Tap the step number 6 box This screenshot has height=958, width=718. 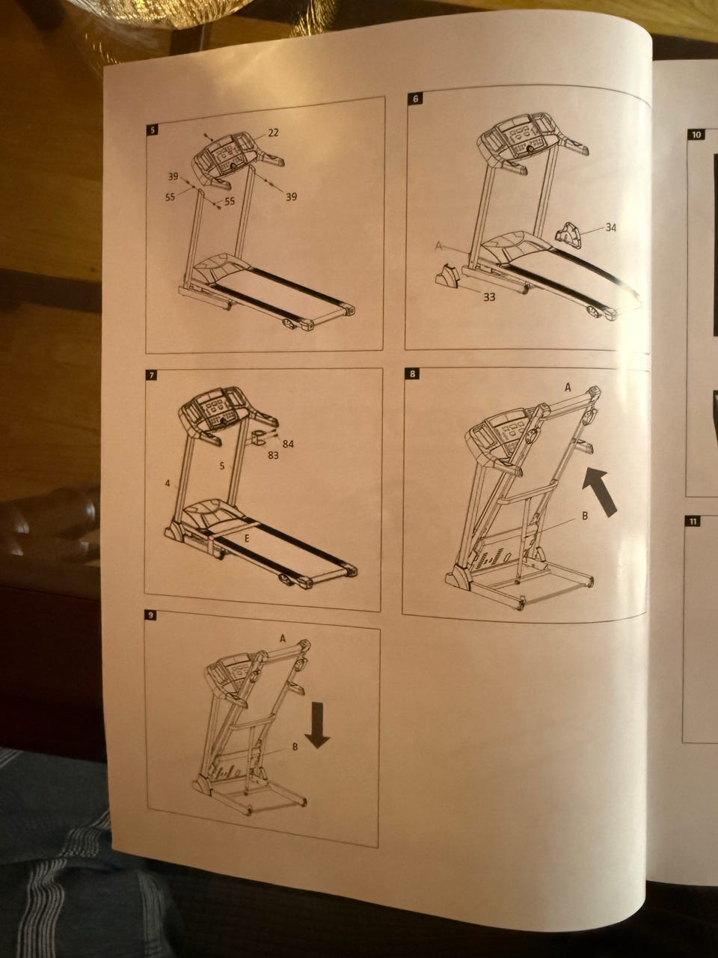pyautogui.click(x=415, y=99)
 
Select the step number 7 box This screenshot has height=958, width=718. pyautogui.click(x=151, y=375)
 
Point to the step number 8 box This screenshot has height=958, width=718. pyautogui.click(x=412, y=373)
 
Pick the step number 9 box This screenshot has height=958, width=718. pyautogui.click(x=151, y=616)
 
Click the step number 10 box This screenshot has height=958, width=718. pyautogui.click(x=696, y=135)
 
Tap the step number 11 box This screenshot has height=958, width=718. pyautogui.click(x=693, y=522)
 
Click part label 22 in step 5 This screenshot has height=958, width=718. pyautogui.click(x=273, y=132)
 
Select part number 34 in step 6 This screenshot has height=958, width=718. pyautogui.click(x=610, y=228)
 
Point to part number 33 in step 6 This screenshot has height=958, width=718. pyautogui.click(x=489, y=298)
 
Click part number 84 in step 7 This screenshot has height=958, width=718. pyautogui.click(x=288, y=444)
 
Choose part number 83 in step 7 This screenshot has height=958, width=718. pyautogui.click(x=273, y=455)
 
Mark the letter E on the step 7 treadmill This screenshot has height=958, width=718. pyautogui.click(x=246, y=539)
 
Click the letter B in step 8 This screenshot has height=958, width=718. pyautogui.click(x=585, y=516)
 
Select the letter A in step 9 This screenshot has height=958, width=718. pyautogui.click(x=283, y=638)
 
